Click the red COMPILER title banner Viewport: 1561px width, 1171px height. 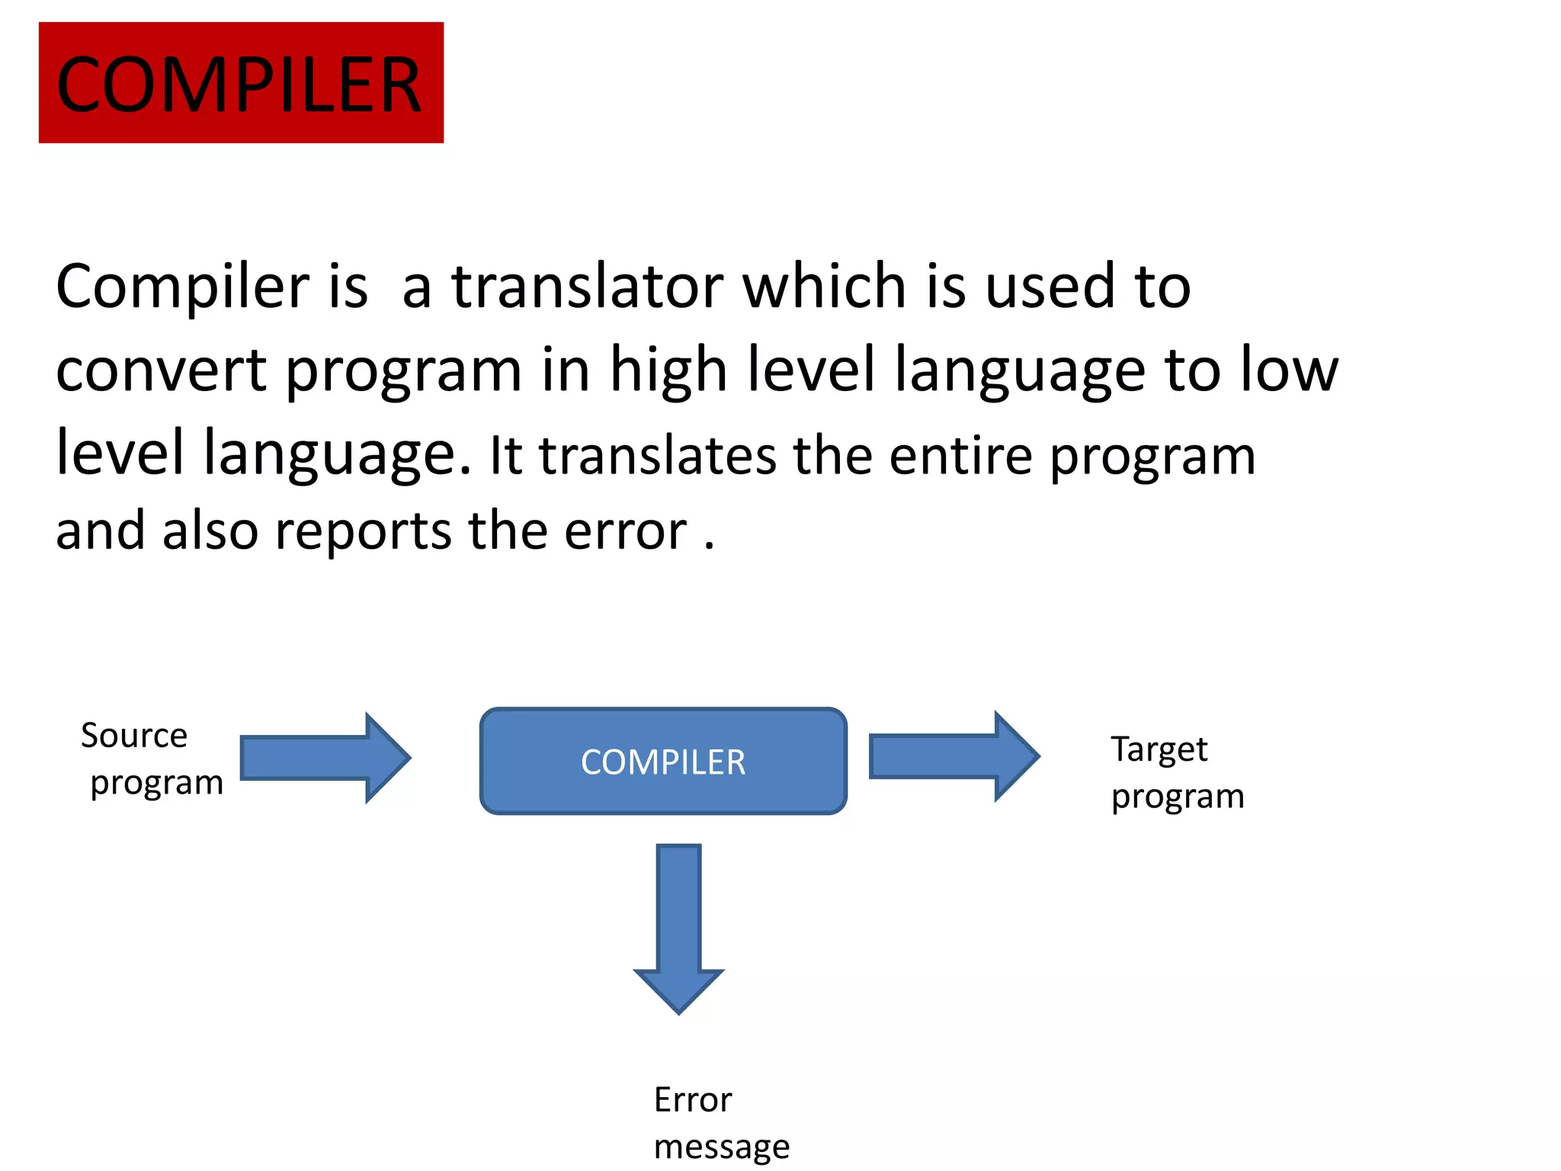241,82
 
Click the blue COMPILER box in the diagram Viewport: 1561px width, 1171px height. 663,761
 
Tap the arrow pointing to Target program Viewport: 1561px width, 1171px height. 953,756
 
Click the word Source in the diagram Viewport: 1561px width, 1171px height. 134,736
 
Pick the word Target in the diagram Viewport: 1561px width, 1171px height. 1159,750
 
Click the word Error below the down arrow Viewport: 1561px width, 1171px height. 693,1100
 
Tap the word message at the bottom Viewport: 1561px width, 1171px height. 722,1147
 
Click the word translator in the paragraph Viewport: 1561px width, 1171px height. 588,287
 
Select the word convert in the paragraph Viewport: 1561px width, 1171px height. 161,371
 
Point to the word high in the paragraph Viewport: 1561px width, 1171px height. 668,369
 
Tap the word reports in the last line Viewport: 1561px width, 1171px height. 363,531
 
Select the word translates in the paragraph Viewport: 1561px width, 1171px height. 658,456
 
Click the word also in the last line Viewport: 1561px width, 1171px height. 210,531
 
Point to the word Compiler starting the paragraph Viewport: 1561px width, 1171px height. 182,288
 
